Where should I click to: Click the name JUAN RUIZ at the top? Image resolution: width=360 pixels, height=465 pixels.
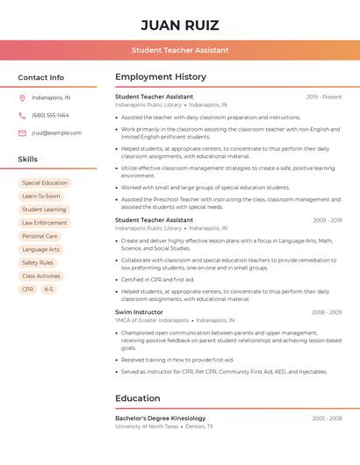[x=180, y=25]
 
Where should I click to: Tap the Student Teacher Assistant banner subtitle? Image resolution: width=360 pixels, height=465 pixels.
[x=180, y=50]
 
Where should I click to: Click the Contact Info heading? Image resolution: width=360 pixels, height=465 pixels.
[x=41, y=77]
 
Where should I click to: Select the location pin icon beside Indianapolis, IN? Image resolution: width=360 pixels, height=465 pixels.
[x=22, y=97]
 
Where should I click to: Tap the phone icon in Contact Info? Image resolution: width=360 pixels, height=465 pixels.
[x=22, y=115]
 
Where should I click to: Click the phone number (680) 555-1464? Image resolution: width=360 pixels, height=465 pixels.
[x=50, y=115]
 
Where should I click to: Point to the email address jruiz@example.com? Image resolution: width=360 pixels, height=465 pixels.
[x=56, y=133]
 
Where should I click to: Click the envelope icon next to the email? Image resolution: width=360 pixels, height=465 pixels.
[x=22, y=133]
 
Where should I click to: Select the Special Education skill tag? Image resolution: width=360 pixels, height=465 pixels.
[x=45, y=183]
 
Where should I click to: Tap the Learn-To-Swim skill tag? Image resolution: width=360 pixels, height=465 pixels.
[x=41, y=197]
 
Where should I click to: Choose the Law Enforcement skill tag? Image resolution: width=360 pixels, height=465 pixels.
[x=45, y=223]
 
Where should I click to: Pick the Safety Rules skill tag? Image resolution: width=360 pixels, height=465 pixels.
[x=38, y=262]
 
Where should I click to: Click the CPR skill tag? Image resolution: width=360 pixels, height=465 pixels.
[x=28, y=289]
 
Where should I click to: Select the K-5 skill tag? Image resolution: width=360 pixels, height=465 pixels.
[x=48, y=289]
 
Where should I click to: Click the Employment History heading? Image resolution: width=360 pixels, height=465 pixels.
[x=161, y=77]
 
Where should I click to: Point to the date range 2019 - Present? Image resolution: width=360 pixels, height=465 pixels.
[x=324, y=97]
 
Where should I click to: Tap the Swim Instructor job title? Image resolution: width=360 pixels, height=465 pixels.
[x=139, y=311]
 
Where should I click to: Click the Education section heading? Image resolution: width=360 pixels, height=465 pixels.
[x=138, y=398]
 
